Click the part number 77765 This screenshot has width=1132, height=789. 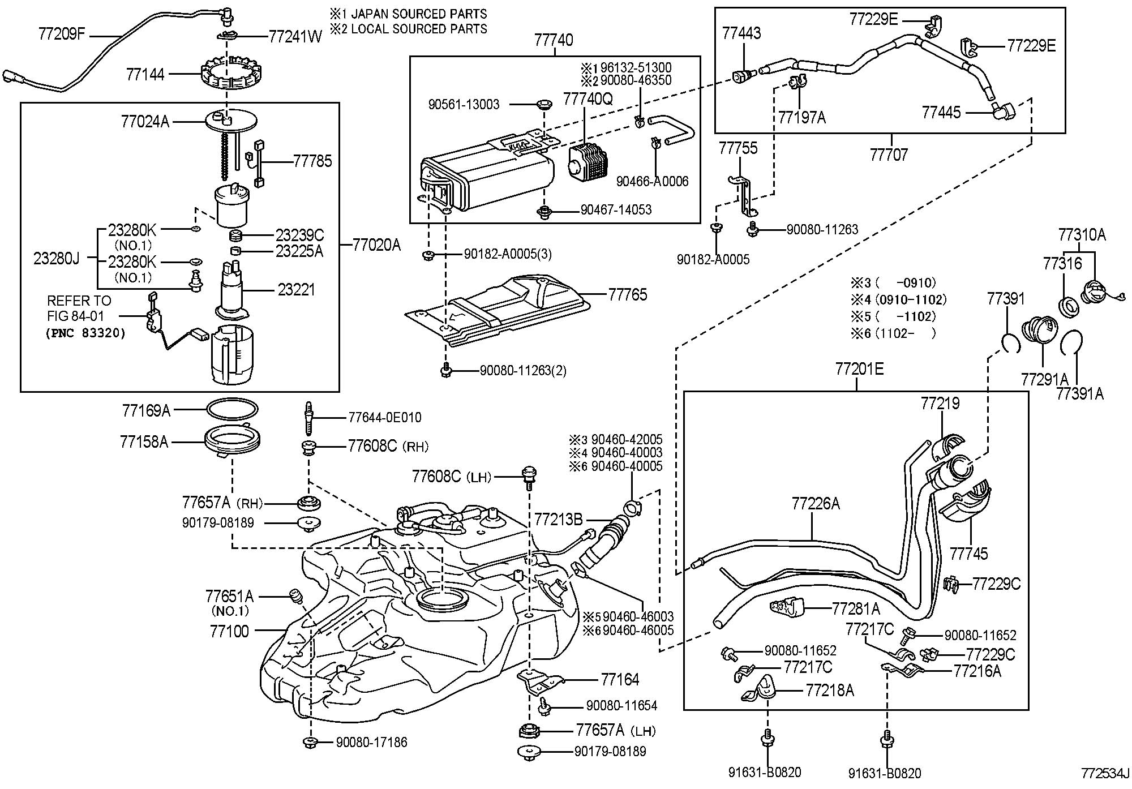coord(627,294)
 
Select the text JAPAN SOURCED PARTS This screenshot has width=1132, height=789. coord(419,14)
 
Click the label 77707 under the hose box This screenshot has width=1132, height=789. coord(889,155)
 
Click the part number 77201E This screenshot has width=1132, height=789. coord(859,369)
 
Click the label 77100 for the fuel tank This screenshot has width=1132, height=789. coord(229,631)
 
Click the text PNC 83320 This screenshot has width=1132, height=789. coord(85,333)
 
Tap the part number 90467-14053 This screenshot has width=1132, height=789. coord(616,210)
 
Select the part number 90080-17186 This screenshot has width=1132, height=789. coord(371,742)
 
